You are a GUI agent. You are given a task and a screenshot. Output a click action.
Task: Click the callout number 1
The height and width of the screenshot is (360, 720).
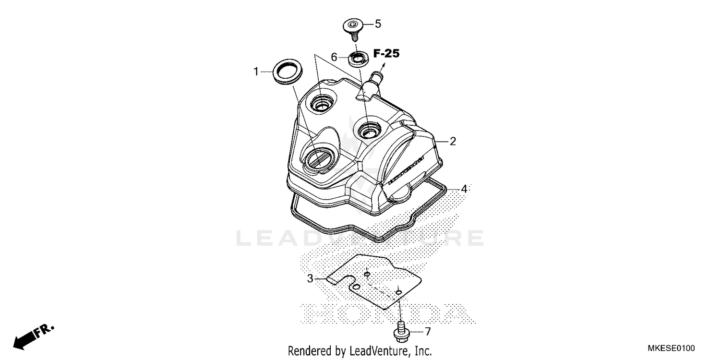pyautogui.click(x=256, y=72)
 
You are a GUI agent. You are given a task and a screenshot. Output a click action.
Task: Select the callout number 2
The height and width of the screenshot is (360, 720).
pyautogui.click(x=452, y=141)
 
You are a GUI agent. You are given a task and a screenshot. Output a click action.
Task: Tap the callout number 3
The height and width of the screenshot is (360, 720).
pyautogui.click(x=310, y=278)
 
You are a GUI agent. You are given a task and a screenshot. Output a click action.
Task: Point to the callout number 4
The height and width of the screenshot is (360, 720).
pyautogui.click(x=464, y=189)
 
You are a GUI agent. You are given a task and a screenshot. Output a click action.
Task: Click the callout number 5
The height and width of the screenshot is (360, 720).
pyautogui.click(x=377, y=24)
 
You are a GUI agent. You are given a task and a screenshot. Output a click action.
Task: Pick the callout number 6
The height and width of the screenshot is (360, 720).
pyautogui.click(x=334, y=57)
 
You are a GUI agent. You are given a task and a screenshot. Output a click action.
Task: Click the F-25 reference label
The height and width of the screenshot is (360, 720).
pyautogui.click(x=386, y=54)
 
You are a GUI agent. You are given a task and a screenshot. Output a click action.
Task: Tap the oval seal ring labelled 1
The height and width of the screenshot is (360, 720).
pyautogui.click(x=288, y=72)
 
